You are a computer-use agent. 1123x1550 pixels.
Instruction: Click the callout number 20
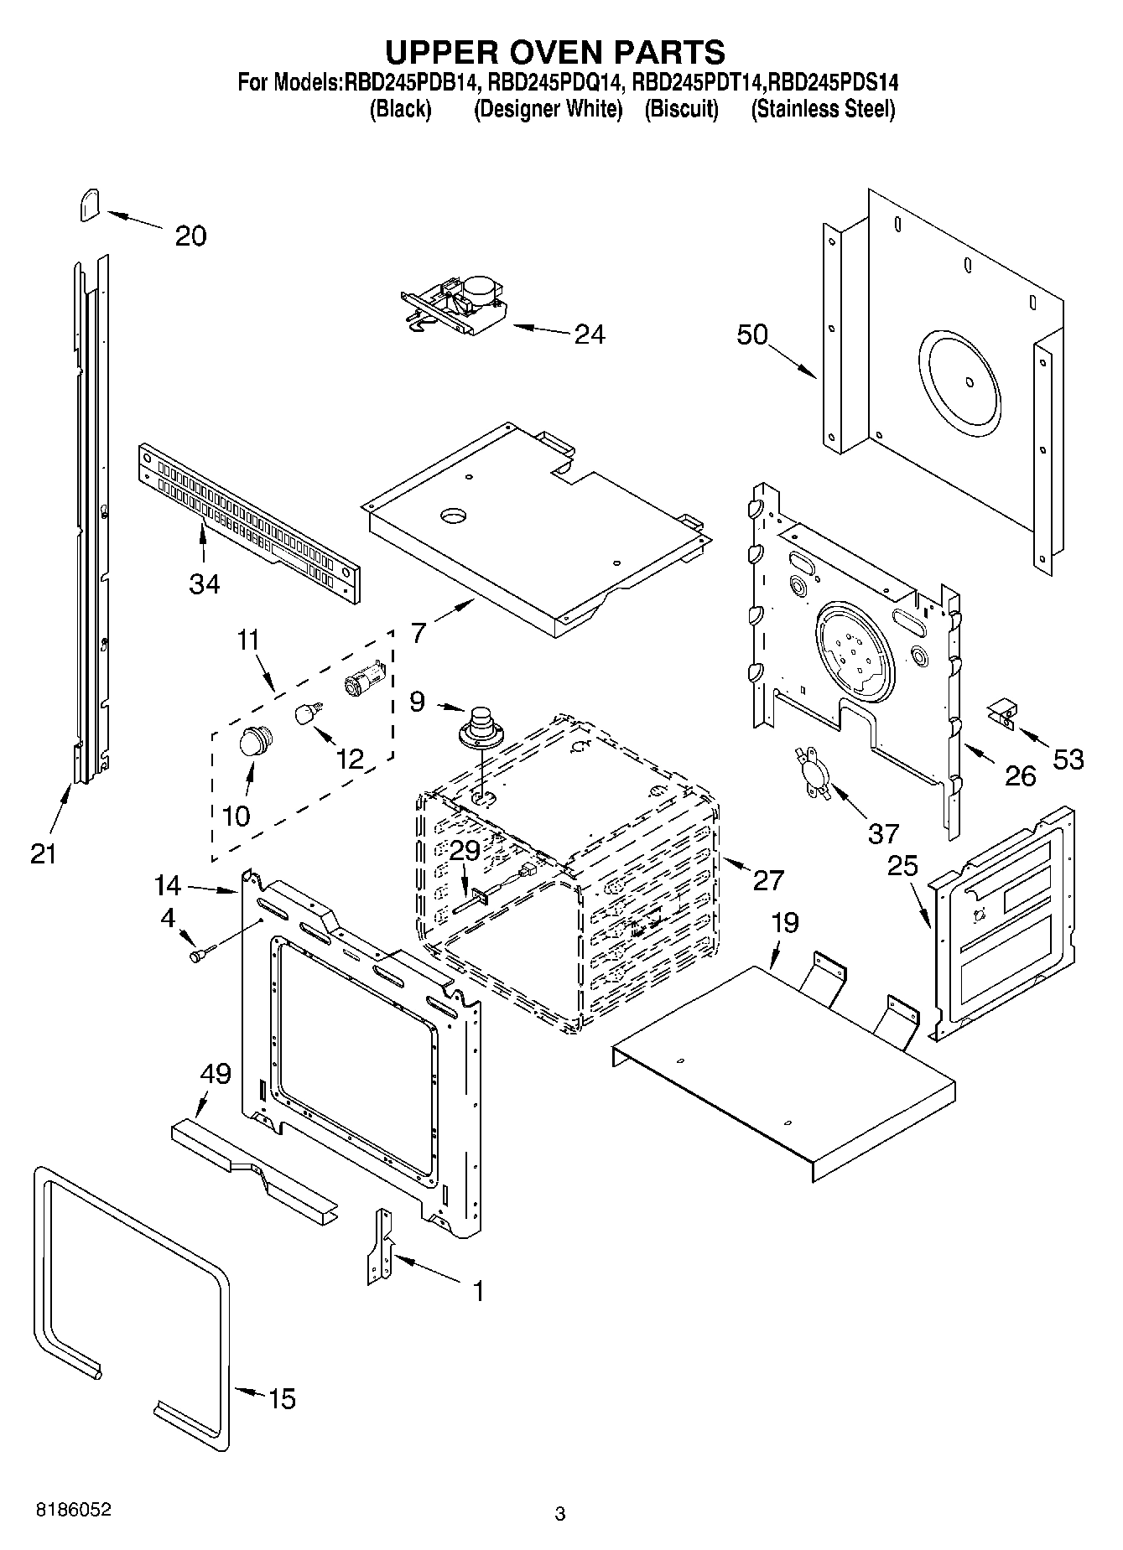190,236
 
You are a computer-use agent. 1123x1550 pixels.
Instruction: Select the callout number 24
590,334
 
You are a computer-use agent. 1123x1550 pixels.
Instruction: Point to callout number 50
752,334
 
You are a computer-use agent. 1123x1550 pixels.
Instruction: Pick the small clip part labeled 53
1001,715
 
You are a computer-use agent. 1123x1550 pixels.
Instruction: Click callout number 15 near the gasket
282,1398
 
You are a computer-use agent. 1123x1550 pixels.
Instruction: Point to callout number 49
216,1074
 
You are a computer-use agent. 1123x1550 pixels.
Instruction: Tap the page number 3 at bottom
560,1514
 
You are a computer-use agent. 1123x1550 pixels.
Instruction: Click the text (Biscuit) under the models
681,110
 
